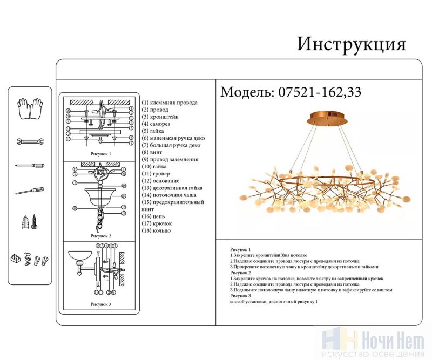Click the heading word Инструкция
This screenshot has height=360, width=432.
[x=351, y=44]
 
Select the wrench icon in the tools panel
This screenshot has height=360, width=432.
[x=30, y=142]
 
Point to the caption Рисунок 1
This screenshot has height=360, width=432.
[x=100, y=154]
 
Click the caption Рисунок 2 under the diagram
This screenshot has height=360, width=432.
[x=100, y=236]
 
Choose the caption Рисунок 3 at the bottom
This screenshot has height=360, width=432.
[x=100, y=304]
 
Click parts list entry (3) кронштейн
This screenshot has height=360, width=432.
[x=160, y=117]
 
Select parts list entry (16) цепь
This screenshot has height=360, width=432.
[x=153, y=216]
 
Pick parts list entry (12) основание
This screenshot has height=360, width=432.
[x=160, y=181]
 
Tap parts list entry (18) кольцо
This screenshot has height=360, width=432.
[x=156, y=230]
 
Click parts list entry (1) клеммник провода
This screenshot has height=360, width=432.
[x=170, y=103]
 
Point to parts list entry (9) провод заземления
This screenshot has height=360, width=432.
[x=170, y=159]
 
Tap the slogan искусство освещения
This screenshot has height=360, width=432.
[x=372, y=355]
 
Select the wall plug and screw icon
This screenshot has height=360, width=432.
[x=29, y=221]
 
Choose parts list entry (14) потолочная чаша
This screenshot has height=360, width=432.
[x=168, y=195]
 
